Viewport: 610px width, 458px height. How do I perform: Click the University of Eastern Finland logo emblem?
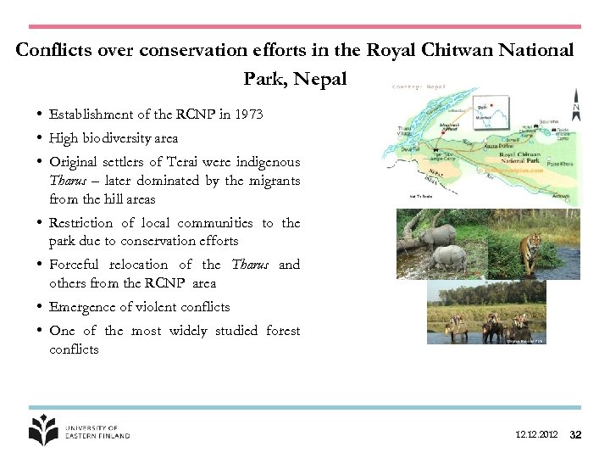point(43,430)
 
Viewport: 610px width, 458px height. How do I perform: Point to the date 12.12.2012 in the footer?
point(536,435)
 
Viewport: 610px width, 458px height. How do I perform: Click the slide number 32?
point(575,435)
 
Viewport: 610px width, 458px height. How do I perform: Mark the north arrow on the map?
point(576,105)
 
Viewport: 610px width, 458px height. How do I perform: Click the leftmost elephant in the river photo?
point(458,327)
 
